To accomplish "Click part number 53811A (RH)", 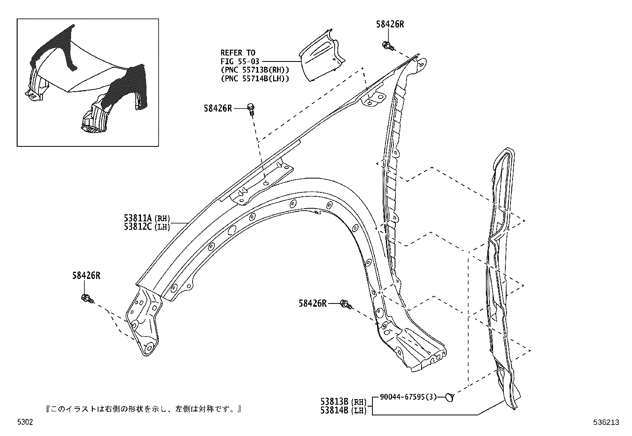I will [146, 218].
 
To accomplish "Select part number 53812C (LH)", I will [146, 227].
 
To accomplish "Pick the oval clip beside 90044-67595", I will [449, 396].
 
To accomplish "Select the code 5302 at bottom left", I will [25, 423].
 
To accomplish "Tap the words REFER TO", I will [238, 53].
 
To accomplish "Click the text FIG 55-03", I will [239, 61].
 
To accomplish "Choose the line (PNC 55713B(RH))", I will [254, 70].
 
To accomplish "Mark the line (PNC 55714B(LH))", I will [254, 79].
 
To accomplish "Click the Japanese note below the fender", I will [143, 409].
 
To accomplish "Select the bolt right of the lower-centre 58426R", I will [346, 305].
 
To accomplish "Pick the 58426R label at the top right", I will [390, 24].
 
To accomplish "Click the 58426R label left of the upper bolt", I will [218, 108].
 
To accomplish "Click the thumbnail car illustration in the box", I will [87, 81].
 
